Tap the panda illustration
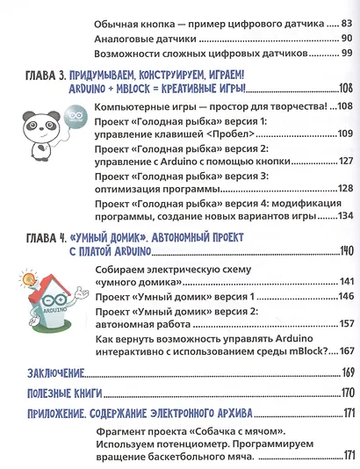43,131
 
